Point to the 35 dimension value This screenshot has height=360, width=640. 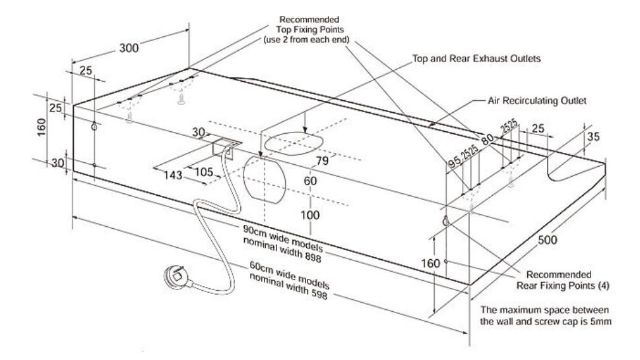[592, 138]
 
